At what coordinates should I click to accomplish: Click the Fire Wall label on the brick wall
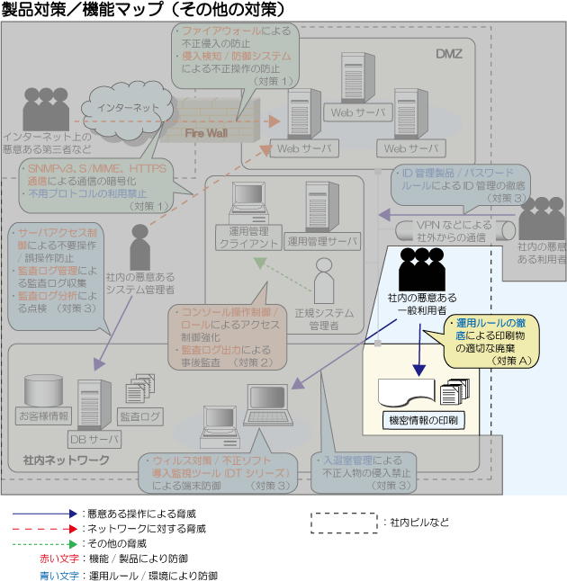point(205,133)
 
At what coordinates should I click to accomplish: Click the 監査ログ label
point(140,416)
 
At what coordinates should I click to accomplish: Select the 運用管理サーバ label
point(322,241)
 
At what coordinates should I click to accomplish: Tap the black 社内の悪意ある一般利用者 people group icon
point(420,266)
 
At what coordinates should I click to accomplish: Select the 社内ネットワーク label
point(66,460)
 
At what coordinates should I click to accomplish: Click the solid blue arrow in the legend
point(45,512)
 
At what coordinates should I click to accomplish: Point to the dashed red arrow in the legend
point(45,528)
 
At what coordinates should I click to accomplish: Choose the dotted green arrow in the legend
point(45,544)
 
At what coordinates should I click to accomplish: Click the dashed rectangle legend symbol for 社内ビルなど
point(345,522)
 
